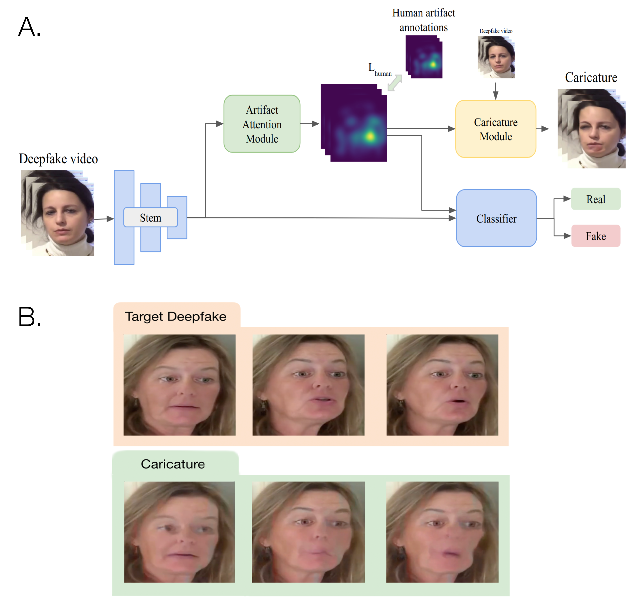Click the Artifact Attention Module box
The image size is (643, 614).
pos(262,124)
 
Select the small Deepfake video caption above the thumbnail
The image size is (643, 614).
pos(496,31)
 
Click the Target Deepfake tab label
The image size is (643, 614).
pos(176,316)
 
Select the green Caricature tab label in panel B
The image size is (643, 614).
pos(173,464)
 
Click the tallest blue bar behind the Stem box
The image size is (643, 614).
pos(124,242)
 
